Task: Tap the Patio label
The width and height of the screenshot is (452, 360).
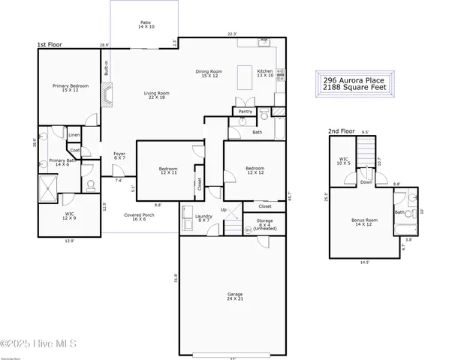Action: (x=146, y=25)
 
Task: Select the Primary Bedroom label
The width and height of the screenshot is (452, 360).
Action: (x=71, y=88)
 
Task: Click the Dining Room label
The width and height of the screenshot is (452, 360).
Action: (x=207, y=73)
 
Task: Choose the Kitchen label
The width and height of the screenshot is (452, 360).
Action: (x=266, y=73)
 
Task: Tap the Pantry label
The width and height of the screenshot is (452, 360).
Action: (x=245, y=111)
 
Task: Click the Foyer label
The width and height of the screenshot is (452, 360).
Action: (x=119, y=157)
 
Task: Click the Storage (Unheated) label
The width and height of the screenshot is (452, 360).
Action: (x=265, y=223)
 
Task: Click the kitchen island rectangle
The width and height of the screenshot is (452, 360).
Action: (x=246, y=76)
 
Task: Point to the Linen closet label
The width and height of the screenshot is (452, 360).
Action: (x=74, y=136)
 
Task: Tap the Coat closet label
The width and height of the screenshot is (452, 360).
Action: (x=75, y=149)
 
